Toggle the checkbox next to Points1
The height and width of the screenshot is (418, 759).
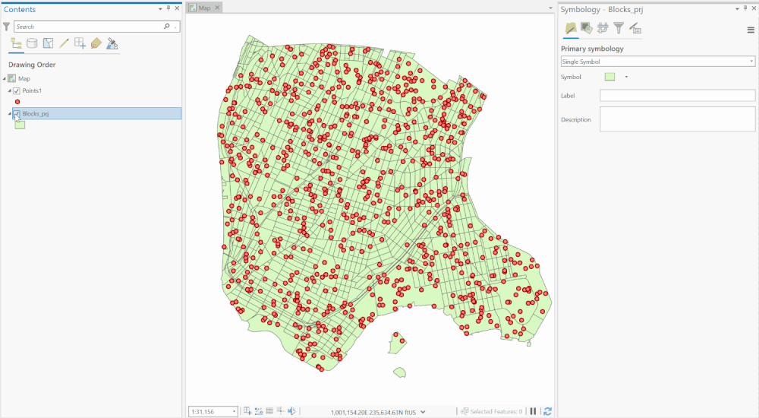pyautogui.click(x=17, y=90)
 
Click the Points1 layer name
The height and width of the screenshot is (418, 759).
pyautogui.click(x=33, y=90)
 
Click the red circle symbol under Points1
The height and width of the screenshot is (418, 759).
pyautogui.click(x=17, y=101)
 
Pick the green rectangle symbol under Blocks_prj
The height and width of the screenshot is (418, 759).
pyautogui.click(x=20, y=125)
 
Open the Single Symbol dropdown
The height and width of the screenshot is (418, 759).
pyautogui.click(x=657, y=62)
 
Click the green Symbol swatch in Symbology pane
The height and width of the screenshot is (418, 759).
pyautogui.click(x=609, y=77)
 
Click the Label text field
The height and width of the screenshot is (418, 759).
pyautogui.click(x=677, y=96)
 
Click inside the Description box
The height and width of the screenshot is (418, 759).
pyautogui.click(x=677, y=119)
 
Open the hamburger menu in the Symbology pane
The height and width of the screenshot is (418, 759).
pyautogui.click(x=751, y=30)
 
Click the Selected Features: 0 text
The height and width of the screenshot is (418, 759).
pyautogui.click(x=496, y=412)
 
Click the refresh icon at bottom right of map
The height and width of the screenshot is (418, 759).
pyautogui.click(x=547, y=411)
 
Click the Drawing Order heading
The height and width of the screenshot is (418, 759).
pyautogui.click(x=32, y=65)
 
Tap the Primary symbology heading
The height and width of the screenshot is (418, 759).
pyautogui.click(x=592, y=49)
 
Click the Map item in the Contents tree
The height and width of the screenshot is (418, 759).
pyautogui.click(x=24, y=78)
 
